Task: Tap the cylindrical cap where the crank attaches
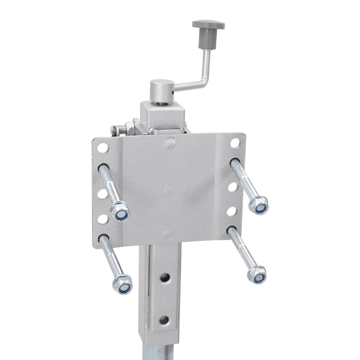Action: pyautogui.click(x=162, y=90)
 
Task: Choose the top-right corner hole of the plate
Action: pyautogui.click(x=235, y=143)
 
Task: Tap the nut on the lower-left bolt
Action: pyautogui.click(x=123, y=285)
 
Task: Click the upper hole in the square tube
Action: pyautogui.click(x=165, y=278)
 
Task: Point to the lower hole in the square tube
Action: pyautogui.click(x=164, y=320)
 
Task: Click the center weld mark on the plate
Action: pyautogui.click(x=169, y=190)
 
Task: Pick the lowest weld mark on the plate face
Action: pyautogui.click(x=168, y=233)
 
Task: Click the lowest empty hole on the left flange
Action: pyautogui.click(x=103, y=219)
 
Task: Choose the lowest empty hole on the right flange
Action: pyautogui.click(x=231, y=211)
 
